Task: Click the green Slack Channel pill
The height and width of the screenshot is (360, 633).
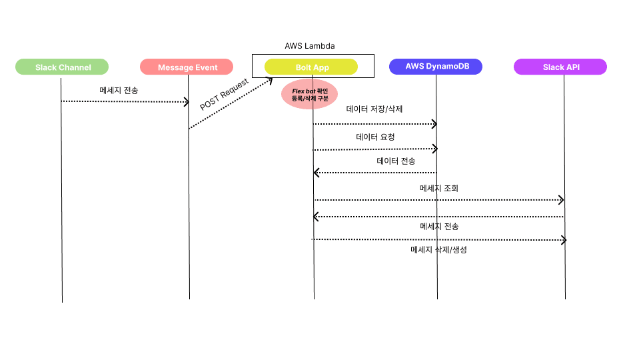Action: [x=63, y=67]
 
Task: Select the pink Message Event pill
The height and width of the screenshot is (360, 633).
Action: [x=187, y=67]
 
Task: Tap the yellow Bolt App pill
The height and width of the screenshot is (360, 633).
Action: [x=311, y=67]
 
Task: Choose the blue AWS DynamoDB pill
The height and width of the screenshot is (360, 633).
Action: [x=434, y=67]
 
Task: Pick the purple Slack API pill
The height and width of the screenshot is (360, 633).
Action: [x=560, y=67]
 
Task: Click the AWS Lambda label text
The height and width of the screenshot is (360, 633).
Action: [x=309, y=46]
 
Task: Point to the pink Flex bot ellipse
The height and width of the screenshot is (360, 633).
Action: [x=310, y=95]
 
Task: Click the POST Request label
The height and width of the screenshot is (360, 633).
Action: [x=225, y=95]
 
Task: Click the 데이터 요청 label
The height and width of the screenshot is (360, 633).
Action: [x=375, y=136]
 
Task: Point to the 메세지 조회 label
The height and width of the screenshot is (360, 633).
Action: [x=438, y=188]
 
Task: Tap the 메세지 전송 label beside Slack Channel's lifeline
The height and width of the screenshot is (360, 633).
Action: [x=119, y=89]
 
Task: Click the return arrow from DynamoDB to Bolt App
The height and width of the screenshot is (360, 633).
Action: [x=375, y=173]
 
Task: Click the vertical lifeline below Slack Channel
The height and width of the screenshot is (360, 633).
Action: [x=62, y=200]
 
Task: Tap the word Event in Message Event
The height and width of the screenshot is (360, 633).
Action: [x=206, y=67]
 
